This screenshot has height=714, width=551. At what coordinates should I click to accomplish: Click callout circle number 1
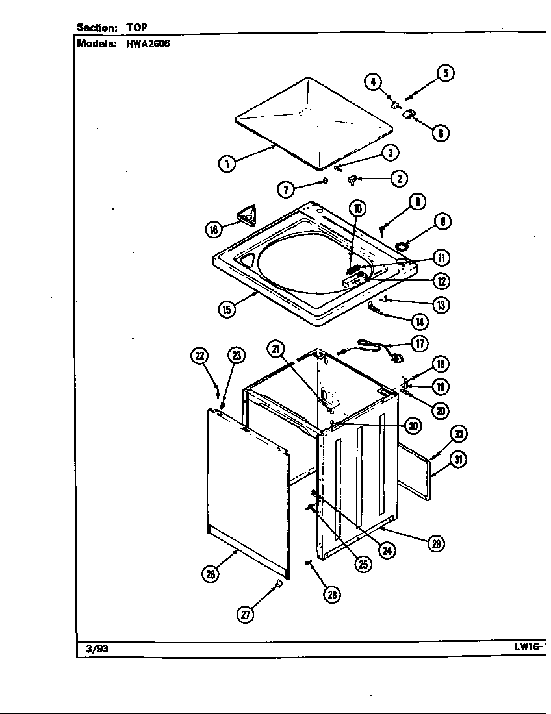coord(226,164)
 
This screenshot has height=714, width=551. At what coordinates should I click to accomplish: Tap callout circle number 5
coord(445,73)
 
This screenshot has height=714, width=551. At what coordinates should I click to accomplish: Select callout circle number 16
coord(214,228)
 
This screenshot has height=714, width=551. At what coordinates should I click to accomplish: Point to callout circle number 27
coord(245,615)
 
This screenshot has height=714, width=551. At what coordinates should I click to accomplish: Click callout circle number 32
coord(459,434)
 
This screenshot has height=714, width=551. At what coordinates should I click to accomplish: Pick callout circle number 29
coord(436,544)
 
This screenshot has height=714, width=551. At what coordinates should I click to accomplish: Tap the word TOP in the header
coord(136,27)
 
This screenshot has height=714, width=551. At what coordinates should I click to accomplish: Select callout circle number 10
coord(357,208)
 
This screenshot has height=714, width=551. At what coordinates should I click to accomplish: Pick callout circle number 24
coord(387,550)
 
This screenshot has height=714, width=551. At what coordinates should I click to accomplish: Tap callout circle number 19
coord(441,387)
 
